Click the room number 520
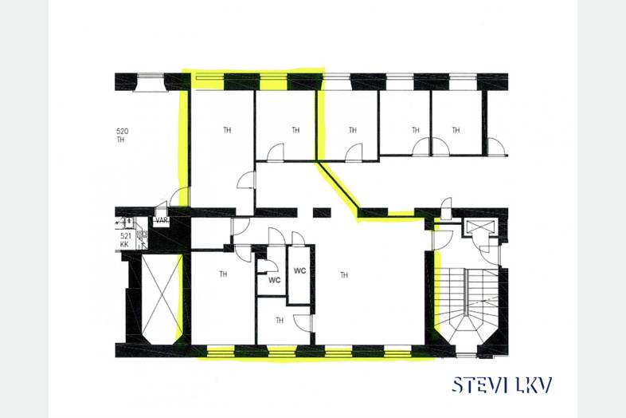pos(122,131)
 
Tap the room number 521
pos(126,236)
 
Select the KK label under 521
pos(124,244)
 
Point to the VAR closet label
pos(162,220)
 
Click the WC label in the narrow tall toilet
pos(299,270)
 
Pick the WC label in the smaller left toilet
pos(274,280)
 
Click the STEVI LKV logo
pos(503,384)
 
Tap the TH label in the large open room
pos(344,275)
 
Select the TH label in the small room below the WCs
pos(280,321)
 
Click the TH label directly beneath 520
pos(120,140)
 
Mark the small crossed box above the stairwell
pos(479,227)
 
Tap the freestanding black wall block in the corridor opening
pos(322,212)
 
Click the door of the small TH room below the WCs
pos(303,323)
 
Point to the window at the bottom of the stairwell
pos(466,355)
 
